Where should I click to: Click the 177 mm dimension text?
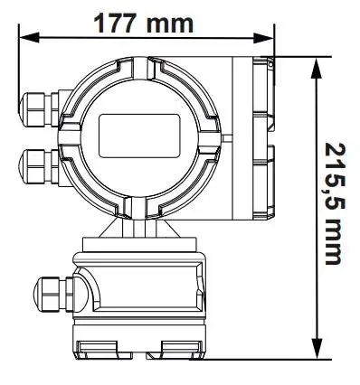(143, 23)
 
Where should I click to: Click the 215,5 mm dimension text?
(335, 204)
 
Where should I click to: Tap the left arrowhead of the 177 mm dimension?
(29, 37)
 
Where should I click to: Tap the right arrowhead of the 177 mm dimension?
(264, 37)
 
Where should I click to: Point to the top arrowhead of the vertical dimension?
(317, 69)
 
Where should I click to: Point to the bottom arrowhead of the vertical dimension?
(317, 349)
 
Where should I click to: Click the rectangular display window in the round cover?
(139, 136)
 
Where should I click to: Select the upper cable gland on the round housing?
(39, 109)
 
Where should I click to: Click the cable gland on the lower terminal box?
(53, 294)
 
